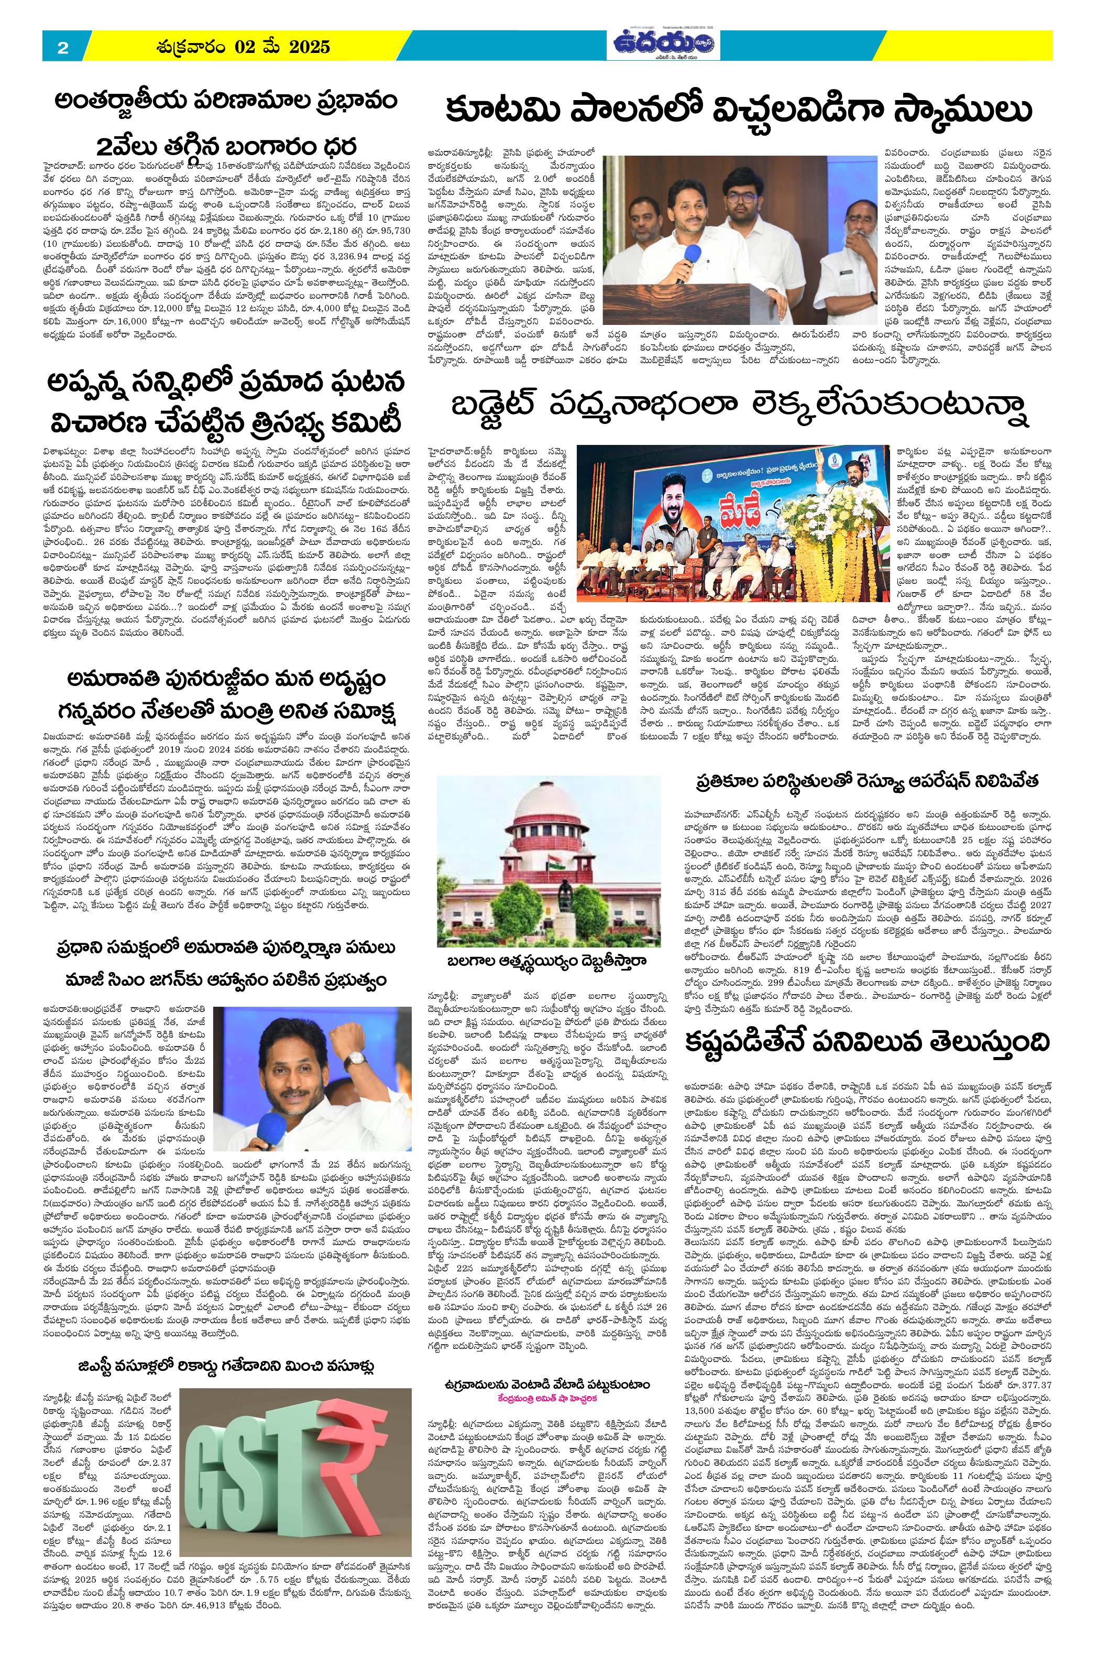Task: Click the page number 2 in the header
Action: (63, 48)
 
